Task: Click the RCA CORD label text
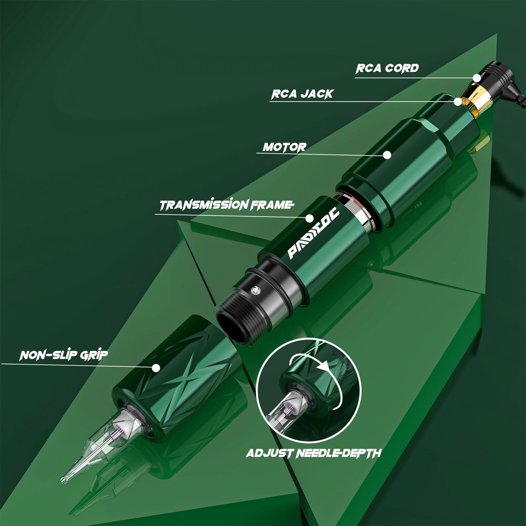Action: click(387, 68)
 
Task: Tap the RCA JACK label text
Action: click(302, 94)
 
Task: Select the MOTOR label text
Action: click(285, 147)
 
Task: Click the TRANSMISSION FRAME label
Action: click(227, 205)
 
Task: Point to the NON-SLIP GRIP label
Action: click(64, 355)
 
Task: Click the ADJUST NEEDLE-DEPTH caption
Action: click(314, 453)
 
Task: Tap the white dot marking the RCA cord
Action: click(477, 78)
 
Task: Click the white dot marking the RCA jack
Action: click(458, 101)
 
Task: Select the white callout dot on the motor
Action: click(387, 155)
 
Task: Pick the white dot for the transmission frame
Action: click(309, 218)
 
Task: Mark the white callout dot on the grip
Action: click(156, 368)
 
